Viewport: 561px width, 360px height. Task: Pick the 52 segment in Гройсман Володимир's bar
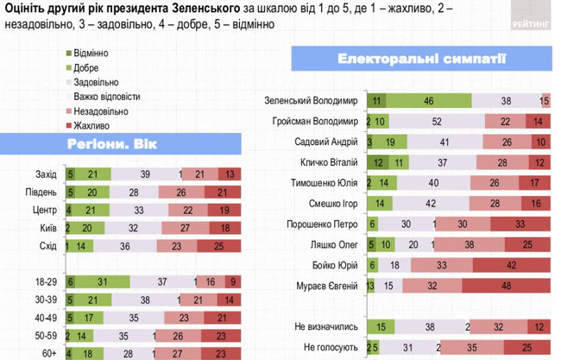tap(437, 122)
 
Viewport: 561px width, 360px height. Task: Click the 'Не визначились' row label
tap(326, 326)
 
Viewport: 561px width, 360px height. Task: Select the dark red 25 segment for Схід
tap(218, 247)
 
